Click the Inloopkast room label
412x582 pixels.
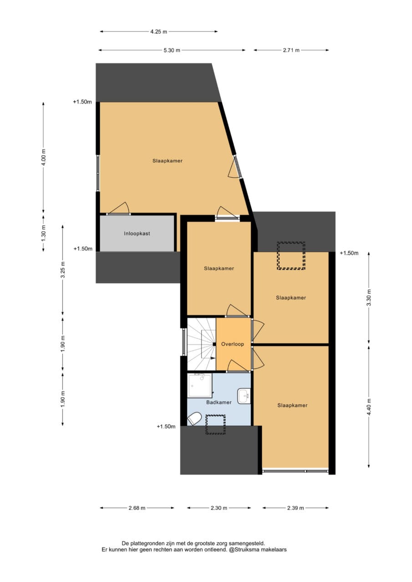pos(137,234)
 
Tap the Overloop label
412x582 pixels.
pos(233,344)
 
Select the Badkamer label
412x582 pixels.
pos(219,402)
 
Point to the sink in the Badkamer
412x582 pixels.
pos(244,396)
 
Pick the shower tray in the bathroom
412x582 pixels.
pos(199,386)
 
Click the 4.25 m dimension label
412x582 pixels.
pos(159,32)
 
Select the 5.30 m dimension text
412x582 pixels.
pos(172,50)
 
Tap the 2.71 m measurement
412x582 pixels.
pos(291,50)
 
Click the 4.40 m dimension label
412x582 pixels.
pos(369,407)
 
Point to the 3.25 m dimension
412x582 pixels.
pos(63,270)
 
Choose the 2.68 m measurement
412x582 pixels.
pos(137,508)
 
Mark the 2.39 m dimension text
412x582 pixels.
pos(295,508)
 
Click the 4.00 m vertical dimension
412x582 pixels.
pos(43,157)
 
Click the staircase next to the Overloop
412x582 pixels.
pos(202,344)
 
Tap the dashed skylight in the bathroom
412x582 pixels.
pos(216,425)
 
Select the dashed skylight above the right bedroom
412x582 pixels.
pos(291,256)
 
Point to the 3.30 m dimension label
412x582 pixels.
pos(369,298)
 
